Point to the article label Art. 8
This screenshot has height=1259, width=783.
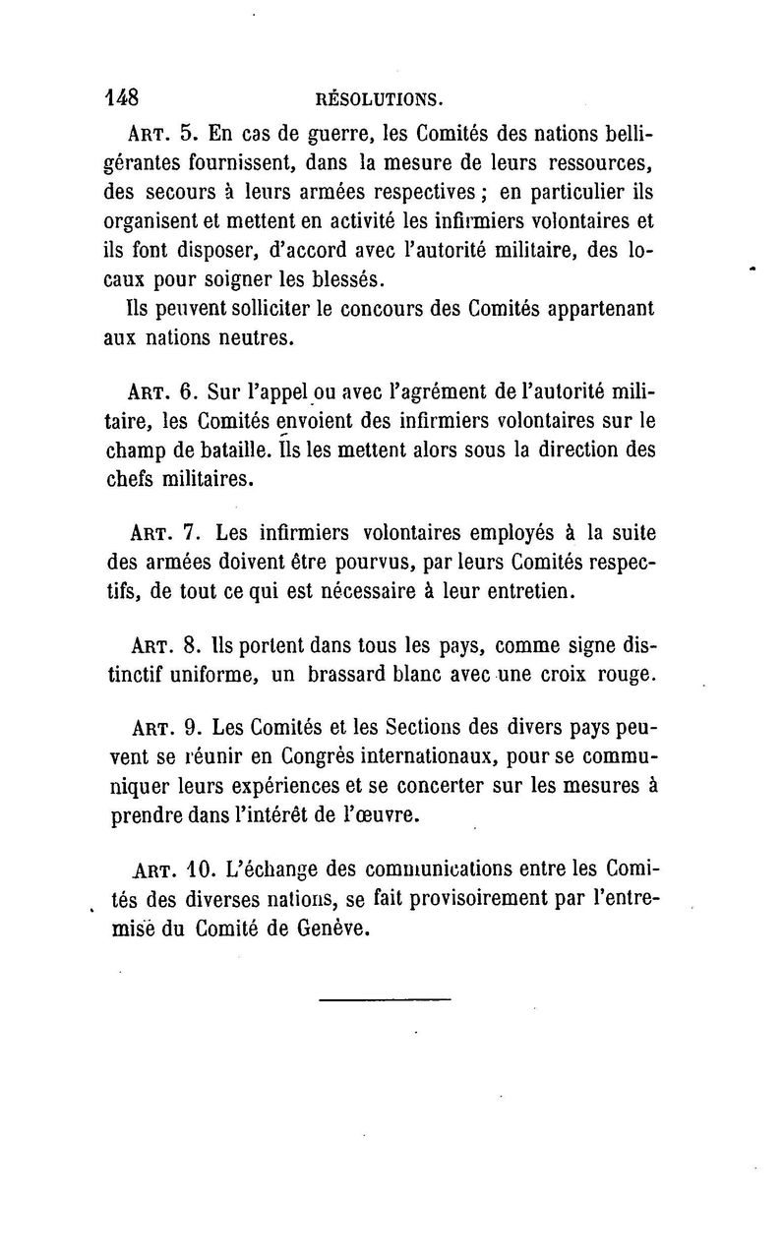[167, 648]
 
